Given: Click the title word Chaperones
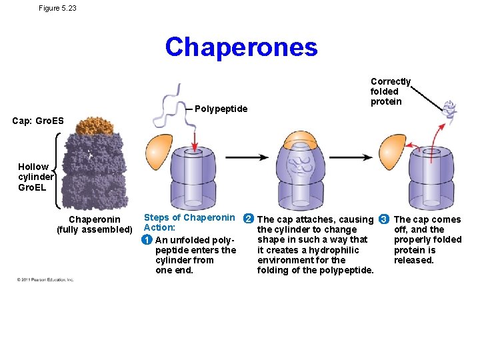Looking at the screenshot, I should click(241, 47).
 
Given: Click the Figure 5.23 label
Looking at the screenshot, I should click(57, 8).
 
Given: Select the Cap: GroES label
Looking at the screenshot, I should click(38, 121).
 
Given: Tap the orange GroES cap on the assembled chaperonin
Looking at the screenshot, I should click(95, 125).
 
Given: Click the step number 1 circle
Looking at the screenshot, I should click(148, 240).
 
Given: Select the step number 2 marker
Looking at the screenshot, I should click(249, 219).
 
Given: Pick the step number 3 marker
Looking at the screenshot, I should click(383, 219).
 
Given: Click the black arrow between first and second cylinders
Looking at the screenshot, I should click(247, 157).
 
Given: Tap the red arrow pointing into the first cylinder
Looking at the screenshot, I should click(195, 139).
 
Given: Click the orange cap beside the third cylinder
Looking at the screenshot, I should click(393, 148).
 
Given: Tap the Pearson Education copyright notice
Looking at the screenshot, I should click(45, 280).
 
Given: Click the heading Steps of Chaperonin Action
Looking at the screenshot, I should click(189, 222).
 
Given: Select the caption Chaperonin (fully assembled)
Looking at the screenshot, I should click(95, 225).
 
